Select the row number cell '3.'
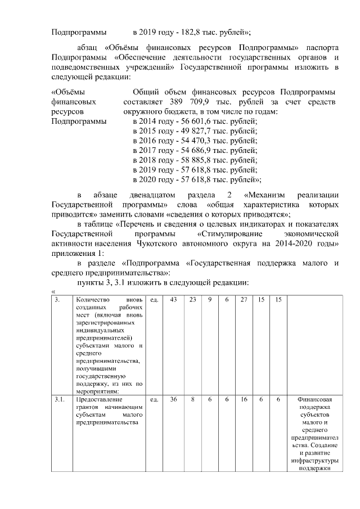pyautogui.click(x=58, y=300)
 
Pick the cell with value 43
pyautogui.click(x=173, y=300)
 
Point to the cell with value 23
pyautogui.click(x=192, y=300)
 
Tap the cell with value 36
pyautogui.click(x=173, y=399)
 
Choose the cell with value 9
pyautogui.click(x=210, y=300)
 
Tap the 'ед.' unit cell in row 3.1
pyautogui.click(x=154, y=399)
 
